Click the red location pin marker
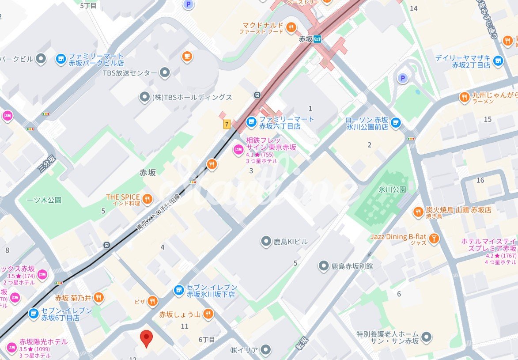(x=147, y=338)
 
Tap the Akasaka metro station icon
(x=317, y=39)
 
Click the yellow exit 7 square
(x=227, y=125)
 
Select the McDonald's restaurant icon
(x=291, y=28)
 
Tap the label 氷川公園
(x=392, y=189)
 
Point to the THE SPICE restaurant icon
(x=147, y=199)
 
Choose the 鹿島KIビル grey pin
(x=266, y=241)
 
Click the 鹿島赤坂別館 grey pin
(x=323, y=266)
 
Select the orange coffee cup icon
(x=187, y=56)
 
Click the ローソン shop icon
(x=396, y=123)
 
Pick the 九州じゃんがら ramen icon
(x=464, y=97)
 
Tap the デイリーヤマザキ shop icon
(x=499, y=61)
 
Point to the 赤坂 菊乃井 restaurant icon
(x=99, y=297)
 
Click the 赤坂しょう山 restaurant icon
(x=208, y=314)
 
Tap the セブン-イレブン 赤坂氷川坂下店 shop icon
(x=178, y=290)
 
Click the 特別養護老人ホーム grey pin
(x=426, y=337)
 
